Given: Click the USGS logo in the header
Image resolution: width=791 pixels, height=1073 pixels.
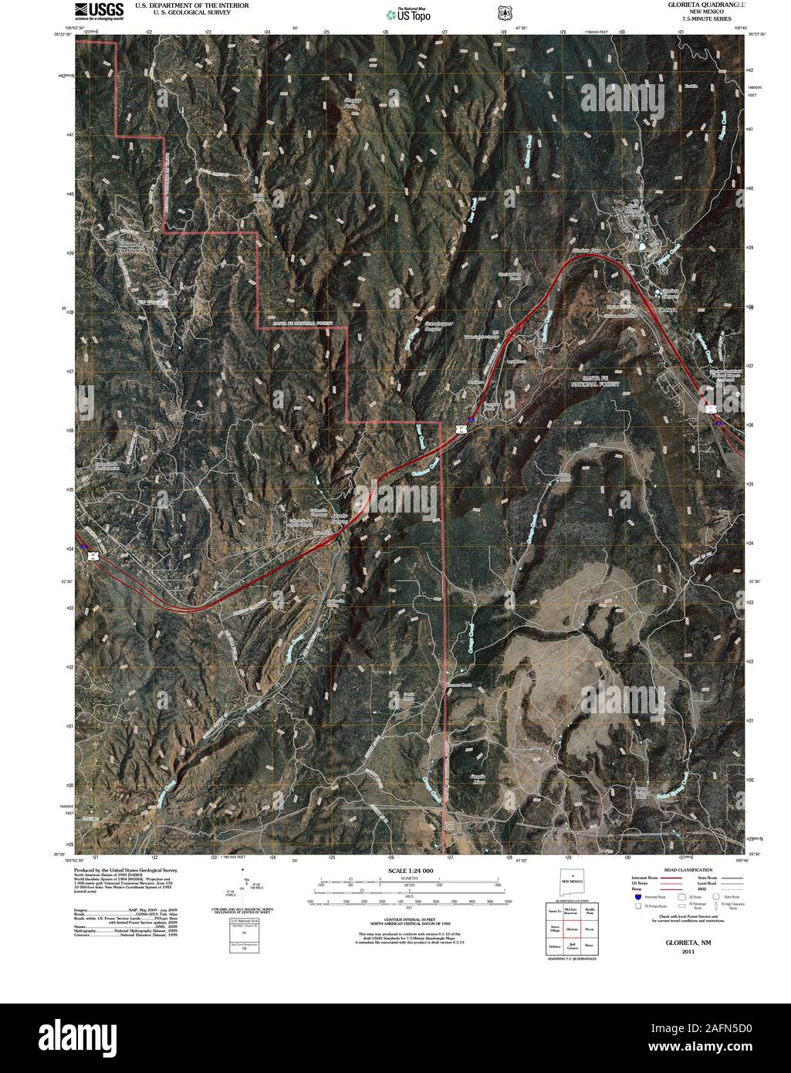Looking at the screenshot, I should click(100, 10).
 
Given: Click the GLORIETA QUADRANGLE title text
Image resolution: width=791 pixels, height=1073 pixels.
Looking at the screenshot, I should click(702, 5).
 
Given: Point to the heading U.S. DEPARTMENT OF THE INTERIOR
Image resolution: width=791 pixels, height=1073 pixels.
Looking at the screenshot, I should click(191, 5).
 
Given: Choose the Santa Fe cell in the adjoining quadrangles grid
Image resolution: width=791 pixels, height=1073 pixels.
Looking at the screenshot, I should click(553, 912).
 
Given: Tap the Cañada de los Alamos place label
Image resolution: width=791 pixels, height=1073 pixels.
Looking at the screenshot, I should click(130, 248).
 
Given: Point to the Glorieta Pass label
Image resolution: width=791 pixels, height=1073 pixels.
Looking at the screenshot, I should click(586, 252).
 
